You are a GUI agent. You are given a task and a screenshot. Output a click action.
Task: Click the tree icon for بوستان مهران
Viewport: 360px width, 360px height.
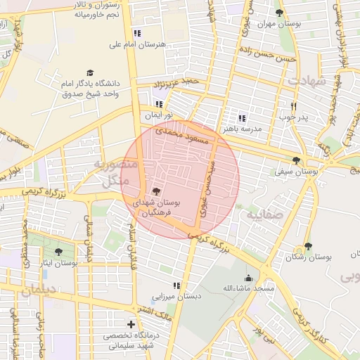279,13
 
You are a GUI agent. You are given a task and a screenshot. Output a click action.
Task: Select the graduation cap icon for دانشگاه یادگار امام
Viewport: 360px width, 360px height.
90,72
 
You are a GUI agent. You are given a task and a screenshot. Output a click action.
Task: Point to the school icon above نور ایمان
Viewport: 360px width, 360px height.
159,104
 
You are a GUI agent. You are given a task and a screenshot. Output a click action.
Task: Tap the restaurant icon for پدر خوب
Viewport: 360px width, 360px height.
294,106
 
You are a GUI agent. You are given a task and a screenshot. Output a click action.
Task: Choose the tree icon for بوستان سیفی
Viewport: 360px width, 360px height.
296,160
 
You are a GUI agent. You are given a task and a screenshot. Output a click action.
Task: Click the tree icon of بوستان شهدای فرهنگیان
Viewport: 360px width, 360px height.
155,191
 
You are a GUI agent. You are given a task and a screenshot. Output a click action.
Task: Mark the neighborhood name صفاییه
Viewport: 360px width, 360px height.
265,213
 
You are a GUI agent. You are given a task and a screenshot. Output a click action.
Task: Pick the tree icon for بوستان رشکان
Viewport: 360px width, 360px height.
307,246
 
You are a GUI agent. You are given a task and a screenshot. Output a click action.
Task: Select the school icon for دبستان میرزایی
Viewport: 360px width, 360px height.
176,285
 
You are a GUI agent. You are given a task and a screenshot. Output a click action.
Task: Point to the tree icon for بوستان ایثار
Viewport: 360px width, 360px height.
58,251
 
